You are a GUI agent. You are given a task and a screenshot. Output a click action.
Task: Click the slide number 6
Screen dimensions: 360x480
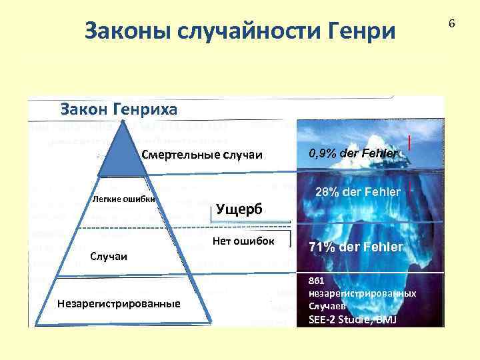coord(451,23)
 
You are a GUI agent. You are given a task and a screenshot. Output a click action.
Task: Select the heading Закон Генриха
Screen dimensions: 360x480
coord(119,108)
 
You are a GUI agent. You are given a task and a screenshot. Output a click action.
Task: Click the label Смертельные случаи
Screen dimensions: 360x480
coord(202,155)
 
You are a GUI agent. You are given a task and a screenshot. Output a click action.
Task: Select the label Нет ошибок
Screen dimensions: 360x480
coord(243,241)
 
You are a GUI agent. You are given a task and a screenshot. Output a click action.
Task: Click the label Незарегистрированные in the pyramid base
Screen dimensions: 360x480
coord(119,303)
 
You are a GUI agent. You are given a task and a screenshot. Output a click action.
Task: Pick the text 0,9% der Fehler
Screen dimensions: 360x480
coord(353,154)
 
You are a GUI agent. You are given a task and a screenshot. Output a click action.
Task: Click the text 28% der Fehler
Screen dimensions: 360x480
coord(357,192)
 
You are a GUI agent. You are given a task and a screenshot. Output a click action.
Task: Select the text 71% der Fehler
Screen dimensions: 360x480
coord(355,247)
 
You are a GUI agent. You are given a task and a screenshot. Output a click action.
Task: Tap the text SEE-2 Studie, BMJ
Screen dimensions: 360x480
coord(351,319)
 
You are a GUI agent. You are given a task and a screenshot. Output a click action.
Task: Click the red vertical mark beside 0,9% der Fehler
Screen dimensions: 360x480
coord(409,144)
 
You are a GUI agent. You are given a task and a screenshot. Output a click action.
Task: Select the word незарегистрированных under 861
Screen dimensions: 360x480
coord(363,293)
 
